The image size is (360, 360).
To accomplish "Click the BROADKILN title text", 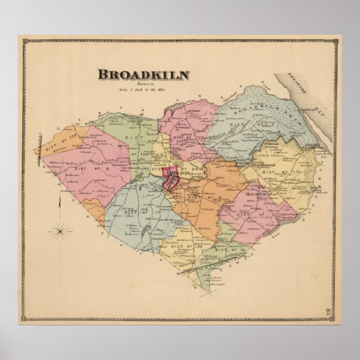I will click(x=143, y=74).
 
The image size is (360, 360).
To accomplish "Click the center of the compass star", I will click(x=60, y=229).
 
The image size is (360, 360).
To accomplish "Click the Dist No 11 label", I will click(x=195, y=197).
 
